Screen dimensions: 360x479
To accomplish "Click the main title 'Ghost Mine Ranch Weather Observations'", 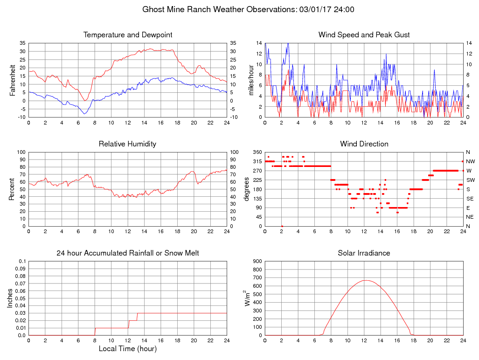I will pos(218,9).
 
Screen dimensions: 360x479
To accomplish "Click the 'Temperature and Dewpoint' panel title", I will pos(127,35).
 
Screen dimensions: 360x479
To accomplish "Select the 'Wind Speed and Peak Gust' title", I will pos(364,35).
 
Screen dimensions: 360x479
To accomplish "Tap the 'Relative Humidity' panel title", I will pos(127,144).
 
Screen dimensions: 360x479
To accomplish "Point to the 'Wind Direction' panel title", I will pos(364,144).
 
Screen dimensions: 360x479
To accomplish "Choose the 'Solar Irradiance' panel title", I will pos(364,253).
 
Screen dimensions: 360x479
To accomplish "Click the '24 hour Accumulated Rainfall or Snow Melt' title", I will pos(127,253).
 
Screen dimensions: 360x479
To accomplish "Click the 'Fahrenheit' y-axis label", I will pos(13,80).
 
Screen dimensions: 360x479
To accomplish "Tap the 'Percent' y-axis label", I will pos(13,189).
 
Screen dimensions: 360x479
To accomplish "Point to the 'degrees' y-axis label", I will pos(247,189).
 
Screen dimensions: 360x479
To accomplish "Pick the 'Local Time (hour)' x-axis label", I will pos(127,349).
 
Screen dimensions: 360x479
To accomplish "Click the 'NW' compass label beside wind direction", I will pos(469,161).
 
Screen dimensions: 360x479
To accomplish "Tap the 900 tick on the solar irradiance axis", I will pos(257,262).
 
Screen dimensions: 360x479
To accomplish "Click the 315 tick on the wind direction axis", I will pos(257,161).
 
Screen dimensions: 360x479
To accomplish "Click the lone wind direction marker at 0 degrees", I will pos(282,226).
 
